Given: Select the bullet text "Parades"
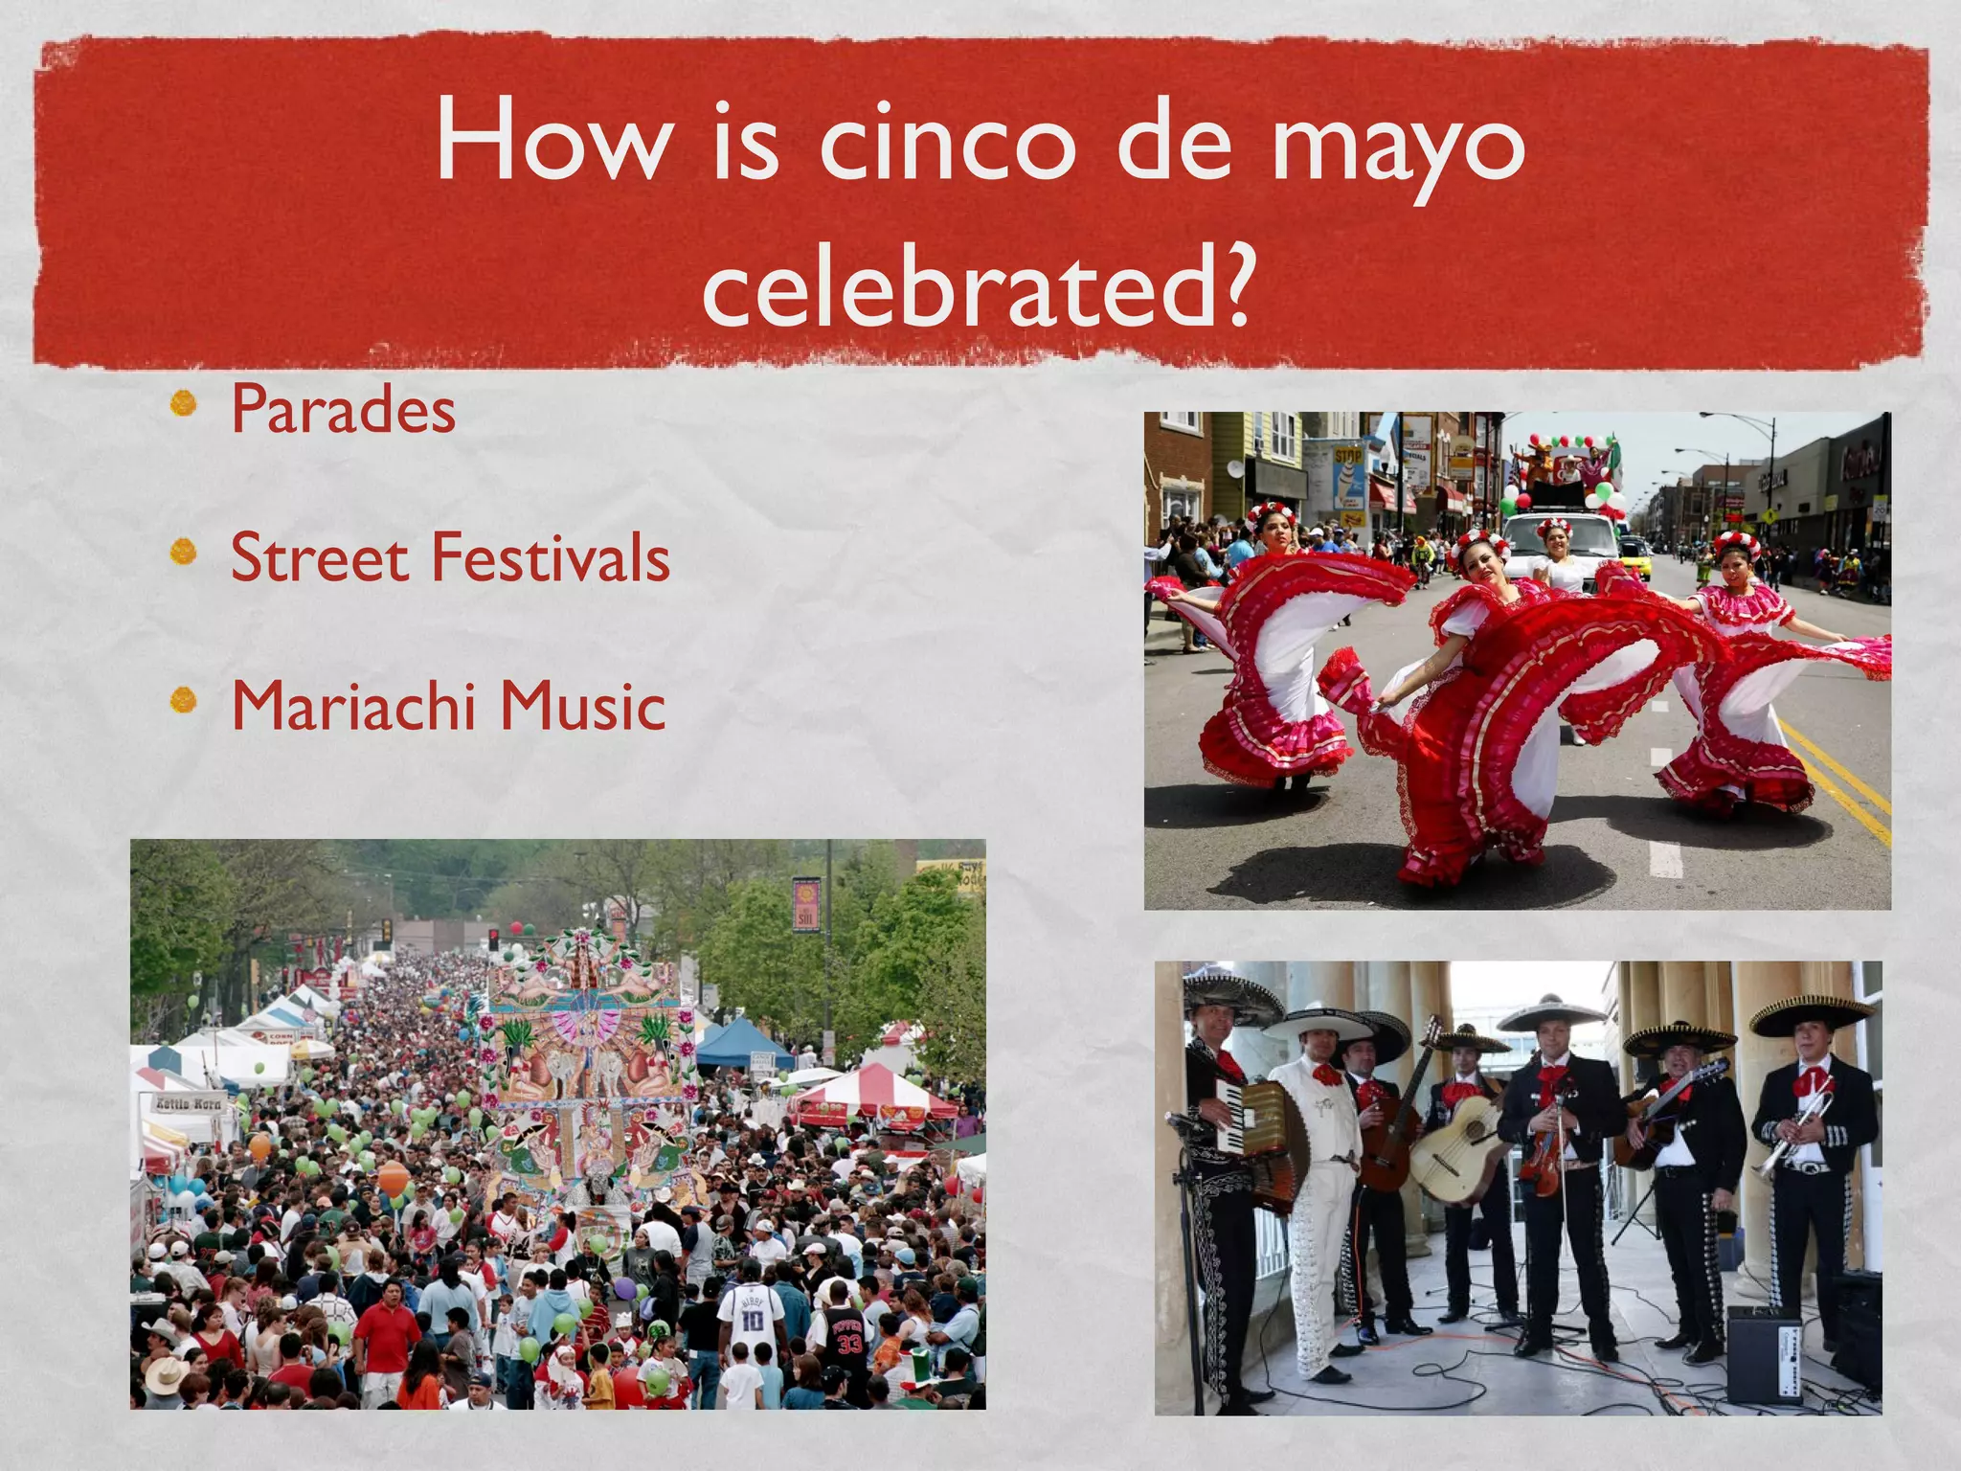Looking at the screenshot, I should (343, 410).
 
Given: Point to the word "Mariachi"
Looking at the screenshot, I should (353, 706).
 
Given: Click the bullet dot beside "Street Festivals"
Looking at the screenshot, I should (183, 553).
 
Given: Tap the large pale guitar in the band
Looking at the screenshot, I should (1454, 1149).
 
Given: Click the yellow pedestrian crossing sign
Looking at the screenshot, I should (1769, 514).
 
